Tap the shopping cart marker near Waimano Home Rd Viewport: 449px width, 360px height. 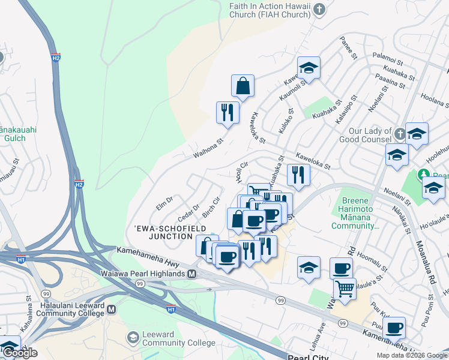[x=345, y=289]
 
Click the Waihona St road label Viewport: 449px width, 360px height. [x=208, y=148]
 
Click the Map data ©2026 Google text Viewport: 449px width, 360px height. [x=412, y=355]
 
